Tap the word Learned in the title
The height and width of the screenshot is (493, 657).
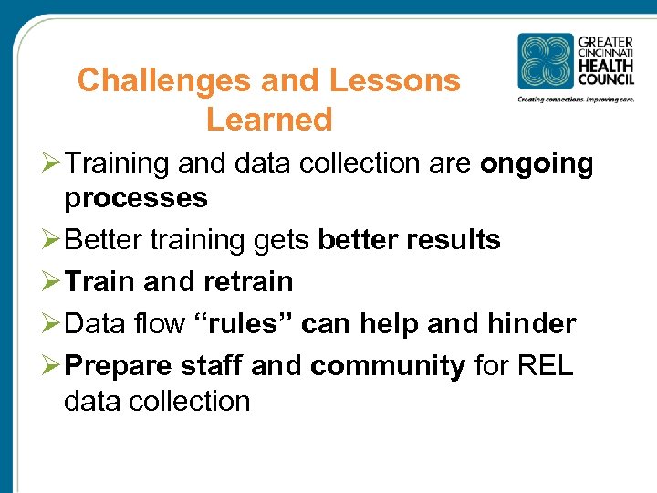269,120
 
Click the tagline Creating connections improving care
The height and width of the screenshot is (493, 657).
575,99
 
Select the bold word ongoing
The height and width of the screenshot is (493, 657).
537,163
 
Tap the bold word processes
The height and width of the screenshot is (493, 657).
135,197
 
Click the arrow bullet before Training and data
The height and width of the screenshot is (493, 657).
51,164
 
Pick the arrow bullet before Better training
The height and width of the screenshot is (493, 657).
51,241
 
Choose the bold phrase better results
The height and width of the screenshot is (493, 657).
409,240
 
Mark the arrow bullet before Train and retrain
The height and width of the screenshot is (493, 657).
51,281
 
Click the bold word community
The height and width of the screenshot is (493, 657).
388,365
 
